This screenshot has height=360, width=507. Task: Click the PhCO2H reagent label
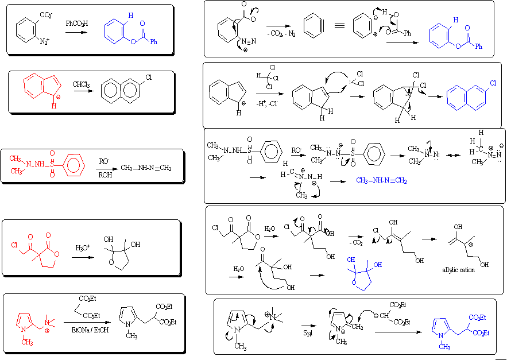click(77, 24)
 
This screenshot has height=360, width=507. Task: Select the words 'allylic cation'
click(458, 270)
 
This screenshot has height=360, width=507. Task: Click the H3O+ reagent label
click(84, 248)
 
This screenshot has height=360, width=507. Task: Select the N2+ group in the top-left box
click(44, 40)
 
